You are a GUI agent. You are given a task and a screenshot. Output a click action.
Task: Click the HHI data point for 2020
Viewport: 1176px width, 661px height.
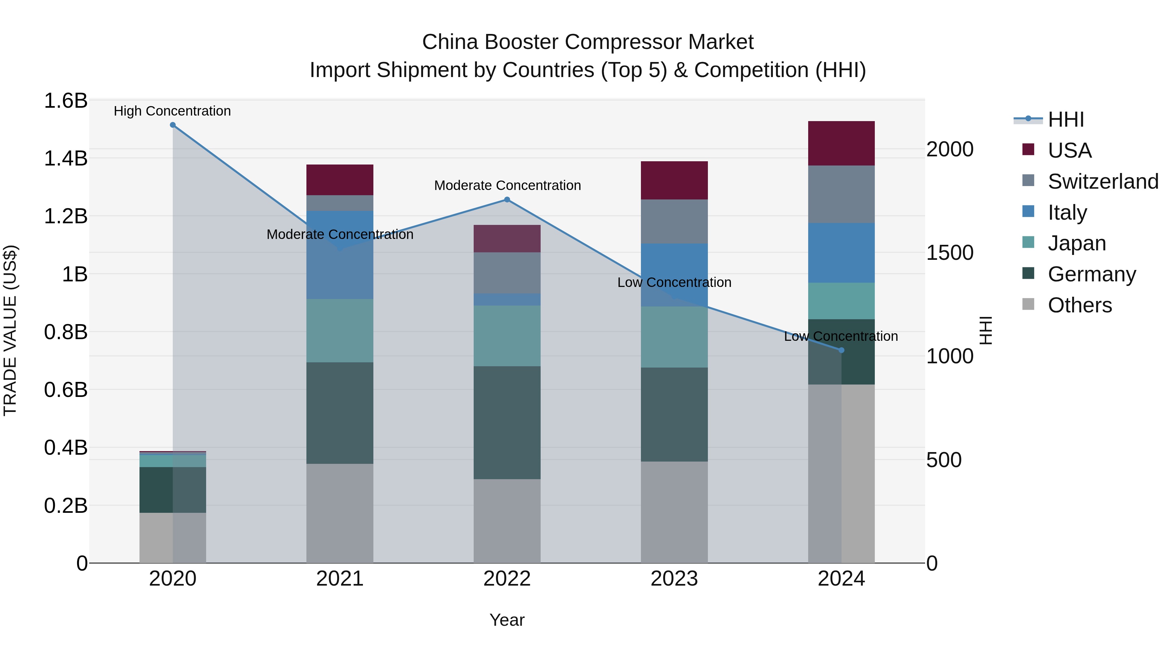click(172, 125)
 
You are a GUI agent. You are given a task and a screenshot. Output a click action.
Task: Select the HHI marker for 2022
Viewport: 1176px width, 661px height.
click(507, 199)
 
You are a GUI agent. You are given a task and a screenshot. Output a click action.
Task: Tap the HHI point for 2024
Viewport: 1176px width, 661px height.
click(841, 350)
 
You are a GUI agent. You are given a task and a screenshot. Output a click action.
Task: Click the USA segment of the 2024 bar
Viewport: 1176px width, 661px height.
click(841, 143)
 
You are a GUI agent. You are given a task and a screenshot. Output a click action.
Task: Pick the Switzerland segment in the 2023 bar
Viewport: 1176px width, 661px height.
click(674, 221)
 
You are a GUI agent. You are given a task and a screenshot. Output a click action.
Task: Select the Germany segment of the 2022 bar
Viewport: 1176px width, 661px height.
click(507, 422)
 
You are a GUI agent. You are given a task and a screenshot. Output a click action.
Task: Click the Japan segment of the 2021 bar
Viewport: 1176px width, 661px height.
click(340, 331)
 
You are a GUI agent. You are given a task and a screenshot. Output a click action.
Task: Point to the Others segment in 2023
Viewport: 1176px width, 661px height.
click(674, 512)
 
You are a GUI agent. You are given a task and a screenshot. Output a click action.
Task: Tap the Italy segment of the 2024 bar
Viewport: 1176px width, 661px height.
click(841, 253)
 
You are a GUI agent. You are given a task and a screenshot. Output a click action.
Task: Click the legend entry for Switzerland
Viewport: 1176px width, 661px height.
click(1103, 181)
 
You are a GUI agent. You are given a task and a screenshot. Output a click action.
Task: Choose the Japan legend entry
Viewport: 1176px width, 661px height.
click(1076, 243)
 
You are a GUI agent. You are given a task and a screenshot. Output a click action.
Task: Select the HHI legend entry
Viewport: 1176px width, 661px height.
click(1066, 119)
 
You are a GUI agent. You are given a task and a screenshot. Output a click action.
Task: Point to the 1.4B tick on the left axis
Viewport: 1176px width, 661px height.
click(65, 158)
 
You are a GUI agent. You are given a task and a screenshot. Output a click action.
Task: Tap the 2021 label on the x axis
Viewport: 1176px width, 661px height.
click(340, 579)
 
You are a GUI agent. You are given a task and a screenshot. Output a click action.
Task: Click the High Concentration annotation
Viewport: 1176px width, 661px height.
click(172, 111)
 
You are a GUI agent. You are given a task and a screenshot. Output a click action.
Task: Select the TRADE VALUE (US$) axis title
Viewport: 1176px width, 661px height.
click(10, 330)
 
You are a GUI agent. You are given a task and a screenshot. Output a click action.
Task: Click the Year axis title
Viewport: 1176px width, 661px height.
click(507, 620)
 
